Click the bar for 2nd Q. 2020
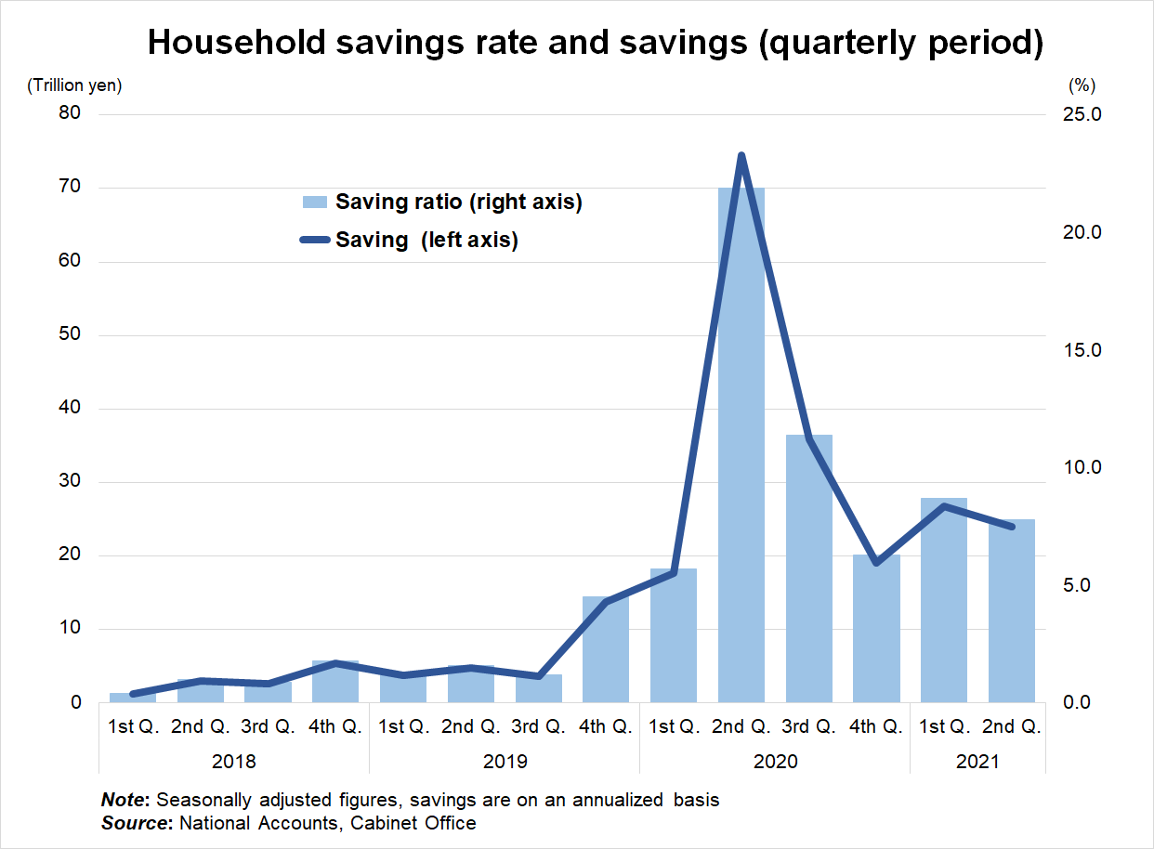point(741,446)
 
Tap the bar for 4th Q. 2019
point(606,649)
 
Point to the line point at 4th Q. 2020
point(876,562)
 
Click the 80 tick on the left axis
point(72,114)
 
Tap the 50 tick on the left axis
point(72,335)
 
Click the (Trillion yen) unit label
point(74,85)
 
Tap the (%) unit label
point(1082,85)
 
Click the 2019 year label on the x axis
point(505,762)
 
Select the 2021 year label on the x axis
point(977,762)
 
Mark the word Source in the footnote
point(134,823)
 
